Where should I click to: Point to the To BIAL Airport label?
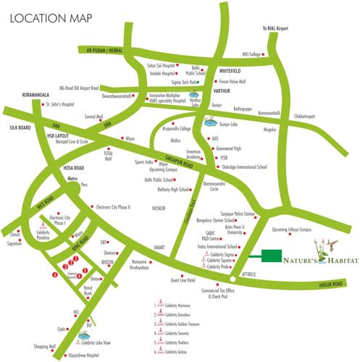(x=276, y=30)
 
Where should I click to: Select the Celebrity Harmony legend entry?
(x=180, y=306)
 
